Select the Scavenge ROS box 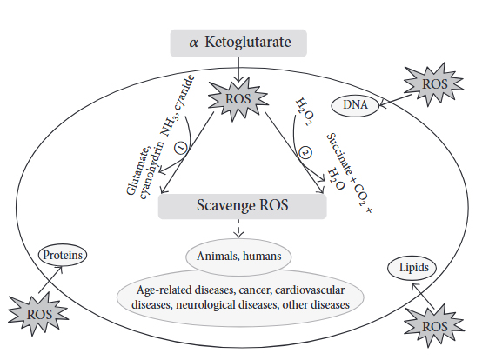[x=243, y=206]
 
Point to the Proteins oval [x=63, y=256]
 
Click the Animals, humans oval [x=238, y=257]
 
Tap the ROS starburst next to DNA [x=432, y=84]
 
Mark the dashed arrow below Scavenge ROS [x=238, y=230]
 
